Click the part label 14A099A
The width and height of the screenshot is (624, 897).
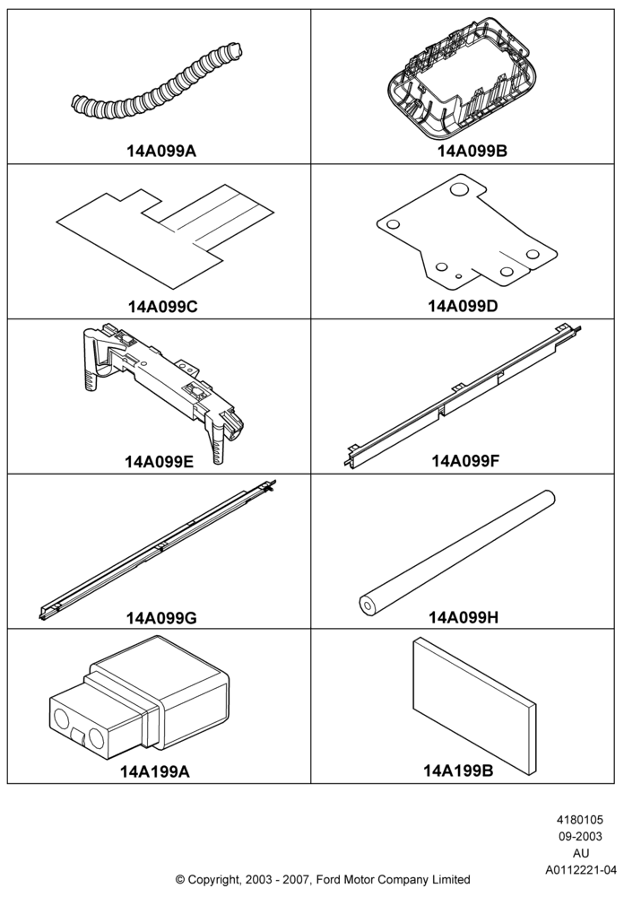pos(161,151)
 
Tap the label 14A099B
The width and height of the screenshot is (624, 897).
pos(472,151)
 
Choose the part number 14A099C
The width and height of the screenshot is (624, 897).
pos(162,307)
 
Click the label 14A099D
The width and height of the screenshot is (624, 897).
pos(464,306)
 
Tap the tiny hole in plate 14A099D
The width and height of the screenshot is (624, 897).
pos(459,276)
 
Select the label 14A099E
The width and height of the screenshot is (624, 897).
pos(160,461)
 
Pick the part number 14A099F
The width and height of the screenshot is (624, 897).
pos(465,460)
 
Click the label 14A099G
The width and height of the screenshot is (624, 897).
pos(162,618)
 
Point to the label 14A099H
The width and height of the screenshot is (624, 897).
pos(464,617)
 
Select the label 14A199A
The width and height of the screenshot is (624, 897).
pos(154,771)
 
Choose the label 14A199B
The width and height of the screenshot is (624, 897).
pos(458,771)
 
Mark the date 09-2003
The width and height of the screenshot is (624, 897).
pos(580,836)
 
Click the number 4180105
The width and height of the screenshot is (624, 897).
pos(580,820)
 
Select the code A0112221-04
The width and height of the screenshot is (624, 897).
pos(579,870)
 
